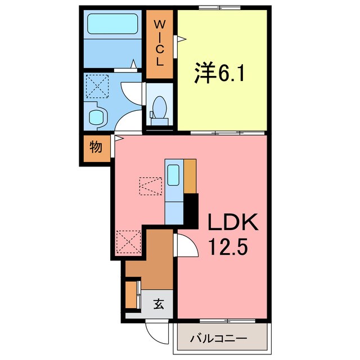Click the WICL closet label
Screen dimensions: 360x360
coord(160,43)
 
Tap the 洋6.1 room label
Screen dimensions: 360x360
coord(219,74)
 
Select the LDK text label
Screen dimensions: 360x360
coord(233,223)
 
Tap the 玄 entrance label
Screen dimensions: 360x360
coord(159,305)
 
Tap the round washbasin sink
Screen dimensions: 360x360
coord(98,116)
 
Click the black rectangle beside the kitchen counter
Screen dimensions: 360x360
coord(192,210)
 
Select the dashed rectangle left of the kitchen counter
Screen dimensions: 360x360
coord(150,186)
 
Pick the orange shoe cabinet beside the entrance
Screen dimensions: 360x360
coord(132,294)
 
